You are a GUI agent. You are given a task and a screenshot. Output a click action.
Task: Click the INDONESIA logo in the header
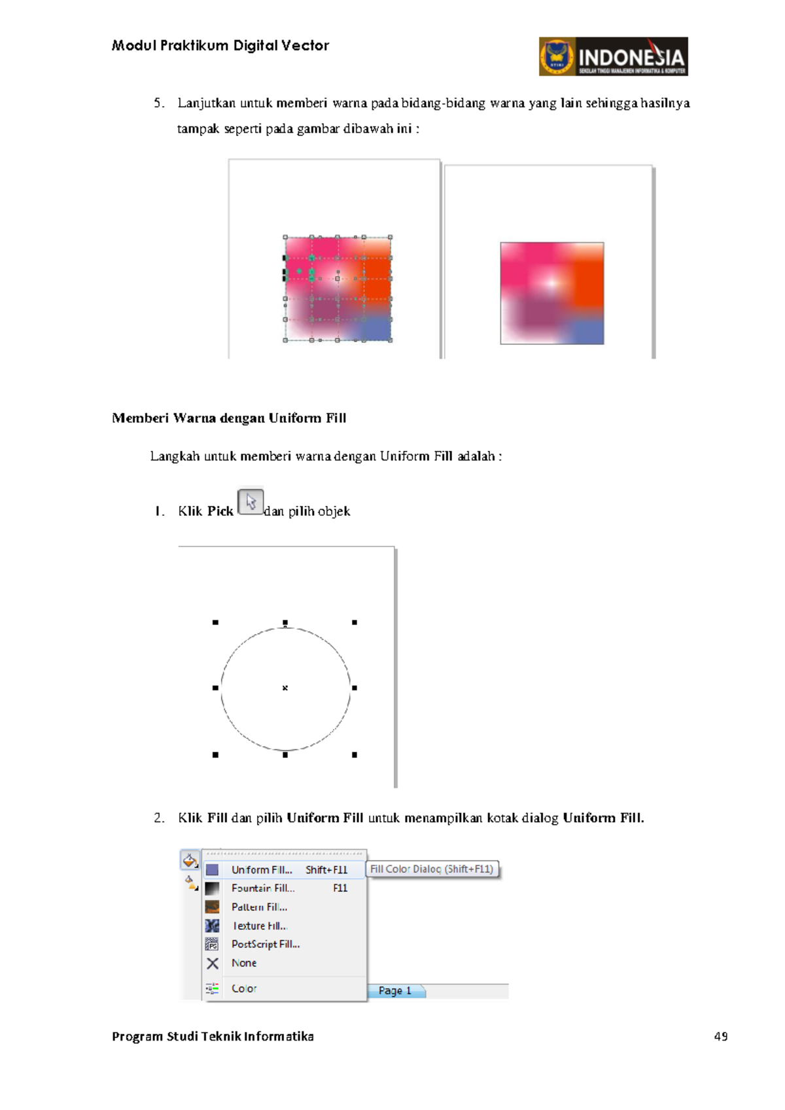(613, 57)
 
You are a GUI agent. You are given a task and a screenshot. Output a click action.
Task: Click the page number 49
(721, 1036)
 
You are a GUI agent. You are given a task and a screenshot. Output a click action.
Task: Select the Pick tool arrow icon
(251, 502)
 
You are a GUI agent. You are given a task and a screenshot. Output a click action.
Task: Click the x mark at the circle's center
(285, 688)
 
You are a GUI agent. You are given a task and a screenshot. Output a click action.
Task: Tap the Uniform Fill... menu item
(262, 870)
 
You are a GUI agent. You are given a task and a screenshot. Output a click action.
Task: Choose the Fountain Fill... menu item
(263, 888)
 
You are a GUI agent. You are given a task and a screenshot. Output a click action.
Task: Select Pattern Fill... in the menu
(259, 907)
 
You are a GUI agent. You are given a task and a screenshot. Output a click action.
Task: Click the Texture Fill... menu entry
(260, 925)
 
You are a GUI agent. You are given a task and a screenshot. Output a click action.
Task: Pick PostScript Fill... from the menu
(265, 944)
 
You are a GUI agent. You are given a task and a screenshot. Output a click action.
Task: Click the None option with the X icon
(243, 963)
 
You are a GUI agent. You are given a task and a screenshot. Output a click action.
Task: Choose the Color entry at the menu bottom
(243, 988)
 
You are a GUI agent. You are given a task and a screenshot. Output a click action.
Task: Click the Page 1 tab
(395, 991)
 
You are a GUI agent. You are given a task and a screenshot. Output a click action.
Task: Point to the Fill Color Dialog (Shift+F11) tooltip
(432, 869)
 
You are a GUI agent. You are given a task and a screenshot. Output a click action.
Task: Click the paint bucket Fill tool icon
(190, 860)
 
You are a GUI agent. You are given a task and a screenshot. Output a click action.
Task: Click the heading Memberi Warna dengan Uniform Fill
(229, 418)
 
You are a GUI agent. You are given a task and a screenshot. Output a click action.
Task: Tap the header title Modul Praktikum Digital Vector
(220, 46)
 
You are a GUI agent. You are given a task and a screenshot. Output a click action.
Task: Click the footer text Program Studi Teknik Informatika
(213, 1036)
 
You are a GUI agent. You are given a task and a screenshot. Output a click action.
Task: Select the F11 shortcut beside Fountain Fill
(340, 888)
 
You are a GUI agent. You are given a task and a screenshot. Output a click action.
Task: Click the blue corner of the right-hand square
(587, 332)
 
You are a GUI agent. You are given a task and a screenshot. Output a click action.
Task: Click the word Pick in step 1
(220, 511)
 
